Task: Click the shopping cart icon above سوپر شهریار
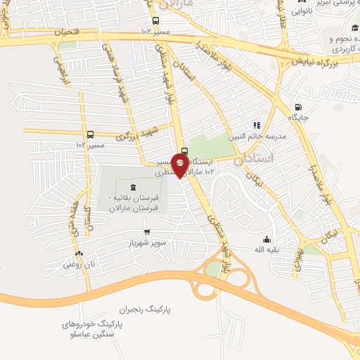point(146,232)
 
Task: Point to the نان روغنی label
point(79,264)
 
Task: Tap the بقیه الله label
point(266,249)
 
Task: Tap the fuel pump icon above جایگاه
point(298,108)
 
